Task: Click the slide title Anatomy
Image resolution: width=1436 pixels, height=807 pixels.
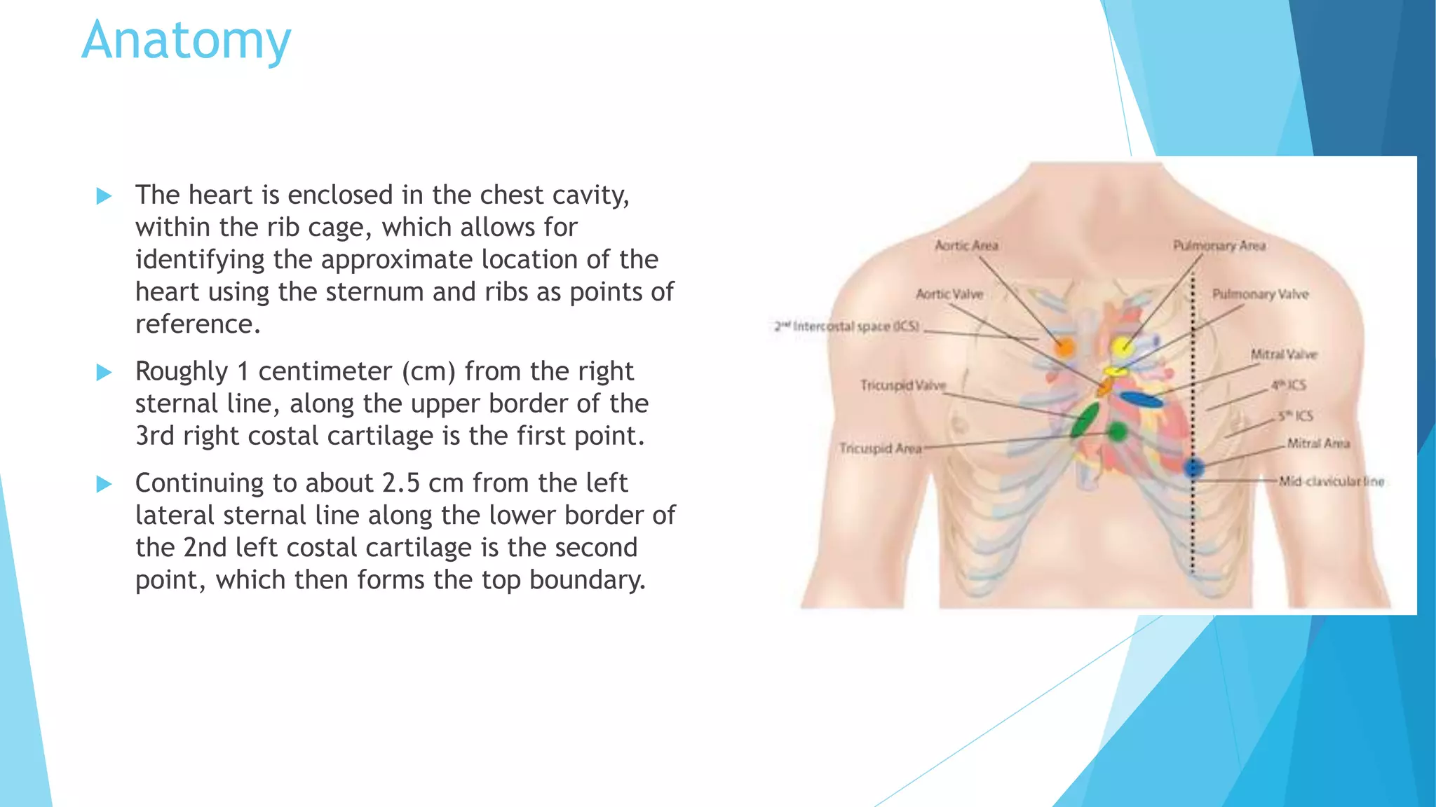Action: [x=186, y=41]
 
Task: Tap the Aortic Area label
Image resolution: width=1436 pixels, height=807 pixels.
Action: [x=966, y=245]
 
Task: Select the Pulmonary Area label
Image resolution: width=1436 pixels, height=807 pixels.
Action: [x=1219, y=245]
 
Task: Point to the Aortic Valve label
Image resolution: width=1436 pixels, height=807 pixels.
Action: [x=949, y=294]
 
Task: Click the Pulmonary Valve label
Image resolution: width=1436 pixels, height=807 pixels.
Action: [x=1260, y=294]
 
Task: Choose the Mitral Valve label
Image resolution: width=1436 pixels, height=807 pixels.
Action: [x=1284, y=354]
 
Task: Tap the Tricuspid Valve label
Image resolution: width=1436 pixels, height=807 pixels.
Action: [x=903, y=385]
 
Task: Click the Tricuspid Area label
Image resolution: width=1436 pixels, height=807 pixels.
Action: [x=881, y=448]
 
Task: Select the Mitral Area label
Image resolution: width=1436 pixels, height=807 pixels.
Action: [x=1318, y=443]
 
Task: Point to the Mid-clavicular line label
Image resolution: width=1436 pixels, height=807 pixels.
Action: [x=1332, y=481]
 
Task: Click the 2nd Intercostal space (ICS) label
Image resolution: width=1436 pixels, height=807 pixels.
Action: [x=846, y=326]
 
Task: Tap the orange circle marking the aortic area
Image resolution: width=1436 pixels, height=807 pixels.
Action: [x=1064, y=347]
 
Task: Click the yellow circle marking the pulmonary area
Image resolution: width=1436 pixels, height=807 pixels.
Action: [x=1122, y=345]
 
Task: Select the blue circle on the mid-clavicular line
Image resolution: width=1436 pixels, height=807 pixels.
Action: [x=1193, y=467]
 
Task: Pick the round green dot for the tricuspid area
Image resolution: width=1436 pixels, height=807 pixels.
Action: [x=1118, y=432]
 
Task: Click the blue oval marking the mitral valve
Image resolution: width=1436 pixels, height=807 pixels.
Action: [x=1141, y=400]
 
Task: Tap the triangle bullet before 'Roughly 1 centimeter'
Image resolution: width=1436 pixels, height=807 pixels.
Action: [x=104, y=372]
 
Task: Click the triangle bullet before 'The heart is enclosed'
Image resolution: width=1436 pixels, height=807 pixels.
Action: [x=104, y=195]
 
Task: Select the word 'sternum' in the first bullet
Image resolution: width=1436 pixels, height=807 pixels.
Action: [x=375, y=291]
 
